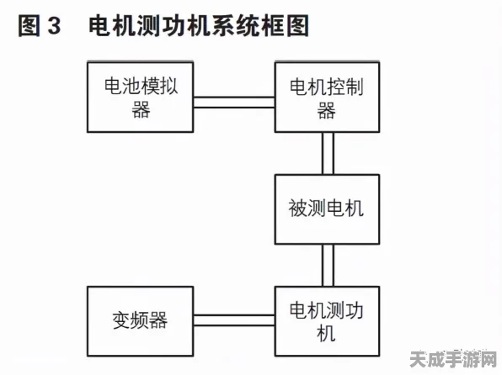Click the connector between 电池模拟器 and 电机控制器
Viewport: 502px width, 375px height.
coord(234,103)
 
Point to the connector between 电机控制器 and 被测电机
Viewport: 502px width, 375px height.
coord(328,154)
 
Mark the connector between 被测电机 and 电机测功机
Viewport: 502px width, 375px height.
coord(328,266)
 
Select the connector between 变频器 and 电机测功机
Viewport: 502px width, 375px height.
coord(234,320)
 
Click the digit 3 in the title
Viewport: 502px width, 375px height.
coord(55,25)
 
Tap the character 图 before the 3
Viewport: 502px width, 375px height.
coord(29,25)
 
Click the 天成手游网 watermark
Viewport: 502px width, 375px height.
coord(453,360)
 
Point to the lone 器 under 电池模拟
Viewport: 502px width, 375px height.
coord(141,109)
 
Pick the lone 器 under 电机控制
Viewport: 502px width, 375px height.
coord(326,110)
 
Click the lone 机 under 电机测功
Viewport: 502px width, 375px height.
coord(326,333)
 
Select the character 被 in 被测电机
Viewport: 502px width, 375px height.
coord(298,209)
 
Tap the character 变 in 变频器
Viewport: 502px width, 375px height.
coord(121,320)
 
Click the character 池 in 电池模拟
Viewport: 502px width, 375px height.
coord(132,86)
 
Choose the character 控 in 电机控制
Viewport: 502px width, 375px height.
coord(335,87)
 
